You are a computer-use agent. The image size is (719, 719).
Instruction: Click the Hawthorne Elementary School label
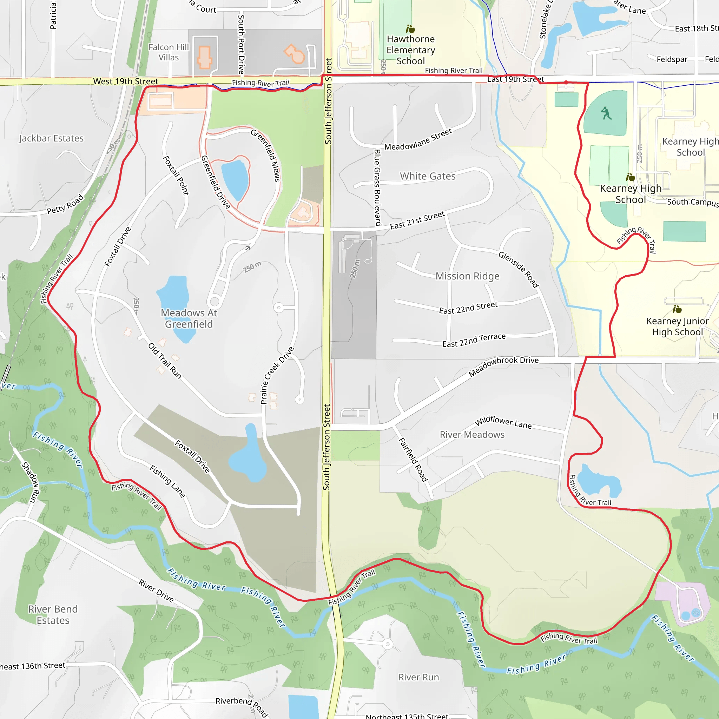(x=410, y=50)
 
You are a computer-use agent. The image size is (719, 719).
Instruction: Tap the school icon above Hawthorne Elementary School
(x=410, y=29)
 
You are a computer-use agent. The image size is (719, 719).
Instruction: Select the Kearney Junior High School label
(x=677, y=326)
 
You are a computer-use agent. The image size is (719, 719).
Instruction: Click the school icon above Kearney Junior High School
(x=677, y=309)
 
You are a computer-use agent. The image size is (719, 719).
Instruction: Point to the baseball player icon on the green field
(x=606, y=113)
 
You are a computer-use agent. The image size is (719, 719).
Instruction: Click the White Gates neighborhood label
(x=428, y=176)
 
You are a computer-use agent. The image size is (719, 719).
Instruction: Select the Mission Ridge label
(x=467, y=276)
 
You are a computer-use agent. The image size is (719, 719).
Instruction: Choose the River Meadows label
(x=472, y=435)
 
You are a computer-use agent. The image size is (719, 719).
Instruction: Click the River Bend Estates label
(x=53, y=614)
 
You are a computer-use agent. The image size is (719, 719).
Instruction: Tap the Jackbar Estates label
(x=51, y=138)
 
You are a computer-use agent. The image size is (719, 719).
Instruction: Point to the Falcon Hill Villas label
(x=169, y=52)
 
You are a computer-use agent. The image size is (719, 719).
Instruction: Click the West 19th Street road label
(x=125, y=81)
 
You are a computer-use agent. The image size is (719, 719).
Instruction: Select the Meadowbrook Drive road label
(x=503, y=367)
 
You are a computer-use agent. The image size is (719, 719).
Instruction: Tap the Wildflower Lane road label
(x=503, y=422)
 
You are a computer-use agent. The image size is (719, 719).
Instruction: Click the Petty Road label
(x=65, y=205)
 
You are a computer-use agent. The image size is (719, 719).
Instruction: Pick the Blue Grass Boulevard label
(x=377, y=187)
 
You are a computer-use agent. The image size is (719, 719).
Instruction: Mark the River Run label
(x=419, y=677)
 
